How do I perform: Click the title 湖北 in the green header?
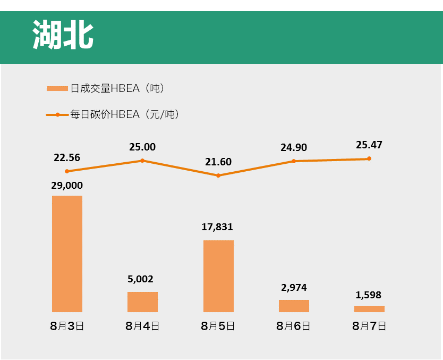pos(63,36)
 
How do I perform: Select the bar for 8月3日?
pos(67,254)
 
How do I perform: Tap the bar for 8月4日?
pos(142,302)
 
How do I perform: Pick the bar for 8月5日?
pos(218,276)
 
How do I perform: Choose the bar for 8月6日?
pos(294,306)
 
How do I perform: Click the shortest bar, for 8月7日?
pos(369,309)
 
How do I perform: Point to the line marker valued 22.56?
pos(67,171)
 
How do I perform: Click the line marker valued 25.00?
pos(142,161)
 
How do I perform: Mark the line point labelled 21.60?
pos(218,175)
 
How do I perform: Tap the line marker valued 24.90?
pos(294,161)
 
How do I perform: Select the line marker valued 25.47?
pos(369,158)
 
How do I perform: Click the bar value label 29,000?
pos(67,186)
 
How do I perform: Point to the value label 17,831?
pos(217,227)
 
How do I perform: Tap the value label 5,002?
pos(141,279)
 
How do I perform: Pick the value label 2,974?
pos(294,288)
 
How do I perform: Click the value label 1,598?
pos(369,295)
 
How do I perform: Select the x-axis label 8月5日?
pos(218,326)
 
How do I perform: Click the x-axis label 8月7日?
pos(369,326)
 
